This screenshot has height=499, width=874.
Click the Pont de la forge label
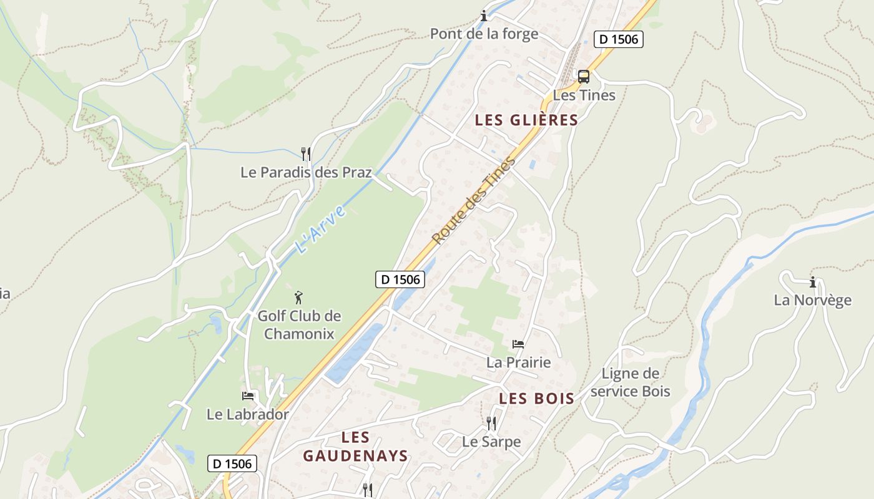[484, 34]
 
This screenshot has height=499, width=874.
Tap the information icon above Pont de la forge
[483, 16]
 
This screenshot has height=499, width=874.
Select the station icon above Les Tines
[584, 77]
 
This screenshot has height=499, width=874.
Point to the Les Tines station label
[584, 95]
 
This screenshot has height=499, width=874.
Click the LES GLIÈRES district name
[526, 120]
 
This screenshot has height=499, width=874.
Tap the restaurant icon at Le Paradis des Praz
[306, 153]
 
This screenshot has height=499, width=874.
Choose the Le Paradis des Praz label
[306, 172]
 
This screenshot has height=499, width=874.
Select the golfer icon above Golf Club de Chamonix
[299, 297]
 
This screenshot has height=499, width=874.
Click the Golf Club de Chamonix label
[299, 324]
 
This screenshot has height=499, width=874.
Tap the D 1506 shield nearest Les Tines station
[618, 39]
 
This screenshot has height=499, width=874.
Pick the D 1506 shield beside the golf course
[400, 279]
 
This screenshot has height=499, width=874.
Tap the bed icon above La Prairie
[518, 344]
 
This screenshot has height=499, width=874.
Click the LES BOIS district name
[537, 399]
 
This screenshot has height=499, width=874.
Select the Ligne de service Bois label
[630, 382]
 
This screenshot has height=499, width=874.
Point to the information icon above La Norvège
[812, 282]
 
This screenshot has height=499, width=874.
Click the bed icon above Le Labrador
[248, 395]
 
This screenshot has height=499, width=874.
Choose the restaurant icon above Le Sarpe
[491, 424]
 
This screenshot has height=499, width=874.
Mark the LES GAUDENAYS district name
[355, 447]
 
